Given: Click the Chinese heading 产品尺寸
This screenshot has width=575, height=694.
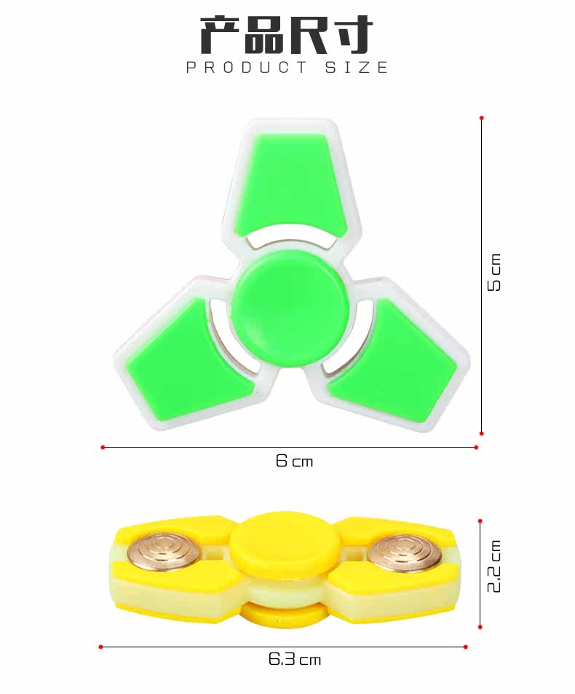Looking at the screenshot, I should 287,34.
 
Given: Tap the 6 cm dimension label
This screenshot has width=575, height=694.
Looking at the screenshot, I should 294,461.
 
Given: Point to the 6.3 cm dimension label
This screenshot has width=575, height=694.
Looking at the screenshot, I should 294,660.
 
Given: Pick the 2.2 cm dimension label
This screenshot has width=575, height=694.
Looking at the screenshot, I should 494,566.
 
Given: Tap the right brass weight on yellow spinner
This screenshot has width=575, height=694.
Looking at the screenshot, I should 404,553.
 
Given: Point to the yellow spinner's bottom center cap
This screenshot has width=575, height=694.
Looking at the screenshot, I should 285,615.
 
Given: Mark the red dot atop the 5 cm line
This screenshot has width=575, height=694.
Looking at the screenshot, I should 481,117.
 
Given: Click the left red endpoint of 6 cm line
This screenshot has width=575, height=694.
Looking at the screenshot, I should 103,447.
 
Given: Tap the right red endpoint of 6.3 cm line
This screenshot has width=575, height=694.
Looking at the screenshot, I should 465,647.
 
